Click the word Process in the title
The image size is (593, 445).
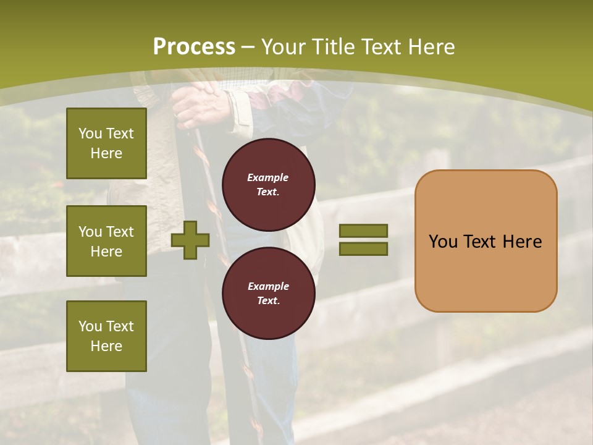[x=194, y=47]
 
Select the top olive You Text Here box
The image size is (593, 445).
[x=106, y=143]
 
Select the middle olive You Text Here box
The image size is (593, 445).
[x=106, y=241]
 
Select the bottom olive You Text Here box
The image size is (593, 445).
[x=106, y=336]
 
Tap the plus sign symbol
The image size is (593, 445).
[x=190, y=239]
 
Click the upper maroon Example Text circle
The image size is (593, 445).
[x=268, y=184]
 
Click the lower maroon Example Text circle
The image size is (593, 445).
[x=268, y=293]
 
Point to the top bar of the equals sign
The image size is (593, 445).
[x=364, y=231]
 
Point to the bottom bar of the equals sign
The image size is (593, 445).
[x=364, y=248]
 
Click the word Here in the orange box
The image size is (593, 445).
[x=522, y=242]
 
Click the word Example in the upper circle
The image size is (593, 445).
[x=267, y=177]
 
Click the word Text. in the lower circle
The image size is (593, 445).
[x=267, y=300]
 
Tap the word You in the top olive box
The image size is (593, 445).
[x=90, y=133]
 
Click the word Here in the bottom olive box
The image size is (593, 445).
[x=106, y=346]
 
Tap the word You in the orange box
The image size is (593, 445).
[x=443, y=242]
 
